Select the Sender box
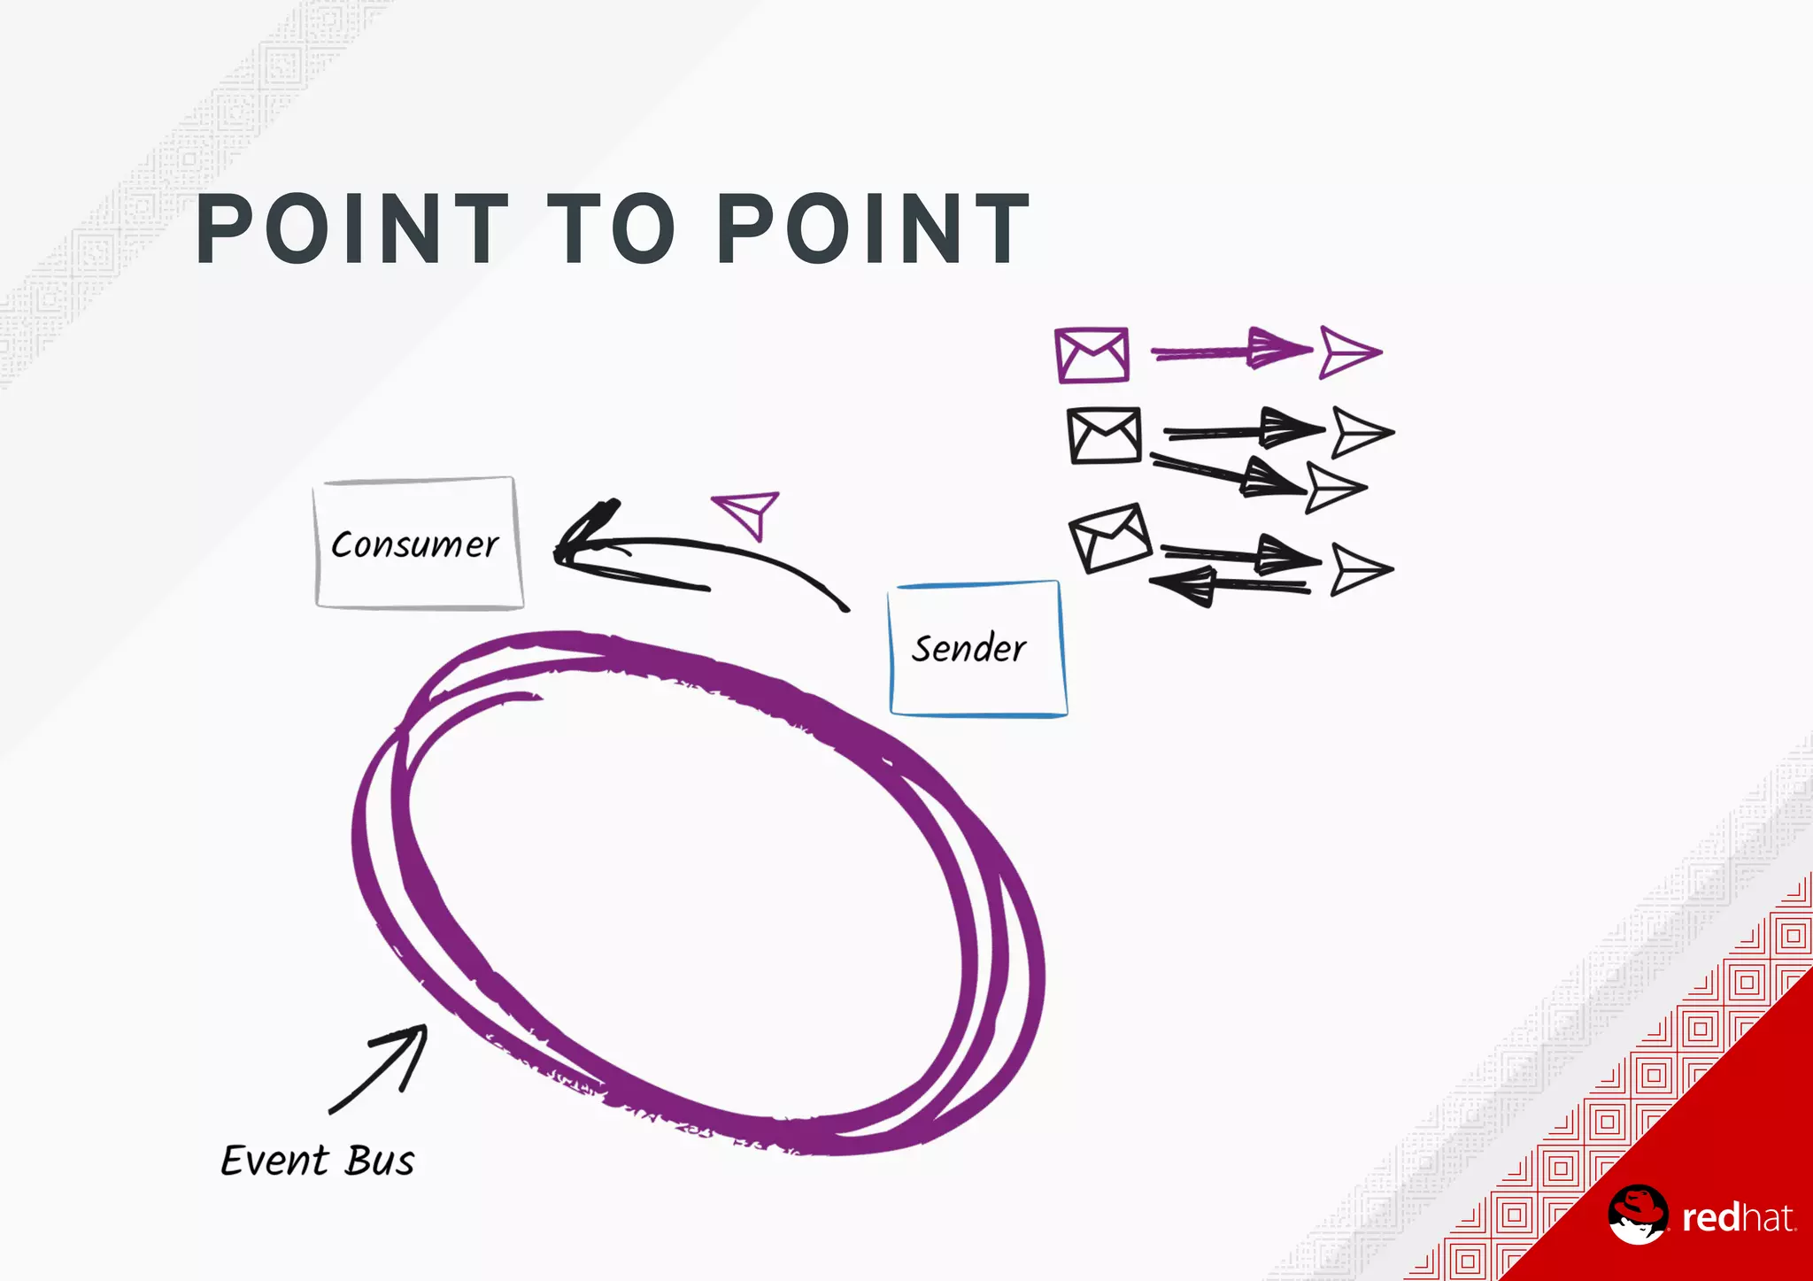(x=977, y=649)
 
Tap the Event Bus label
(x=317, y=1161)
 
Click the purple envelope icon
(x=1092, y=355)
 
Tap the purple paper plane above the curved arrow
(x=748, y=512)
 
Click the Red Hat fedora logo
(x=1638, y=1214)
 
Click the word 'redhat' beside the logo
(x=1738, y=1218)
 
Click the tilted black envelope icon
(x=1110, y=537)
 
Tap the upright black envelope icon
(x=1104, y=436)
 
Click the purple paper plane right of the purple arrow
(x=1349, y=351)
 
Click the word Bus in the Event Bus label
(x=380, y=1161)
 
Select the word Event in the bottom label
(x=274, y=1161)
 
